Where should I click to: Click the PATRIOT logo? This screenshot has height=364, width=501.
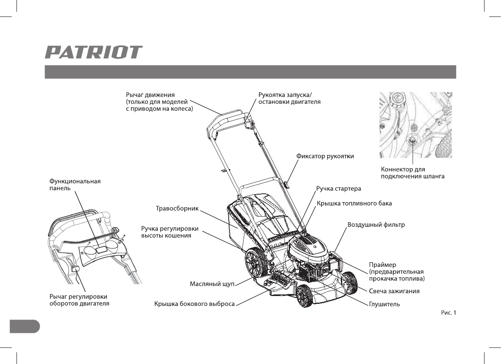coord(93,52)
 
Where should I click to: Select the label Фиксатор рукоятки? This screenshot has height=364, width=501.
coord(325,156)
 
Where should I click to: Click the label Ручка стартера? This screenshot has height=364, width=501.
coord(338,189)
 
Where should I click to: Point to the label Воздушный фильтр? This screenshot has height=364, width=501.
coord(376,225)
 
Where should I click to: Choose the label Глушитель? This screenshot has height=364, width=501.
coord(384,304)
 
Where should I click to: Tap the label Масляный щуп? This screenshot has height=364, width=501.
coord(212,283)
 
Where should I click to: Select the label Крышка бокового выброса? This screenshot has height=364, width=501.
coord(195,304)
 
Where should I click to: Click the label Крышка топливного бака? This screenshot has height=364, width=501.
coord(354,204)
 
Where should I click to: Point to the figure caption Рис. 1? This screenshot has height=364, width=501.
coord(448,313)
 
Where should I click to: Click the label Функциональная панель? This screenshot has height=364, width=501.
coord(75,185)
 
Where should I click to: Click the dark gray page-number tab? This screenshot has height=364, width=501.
coord(24,326)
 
